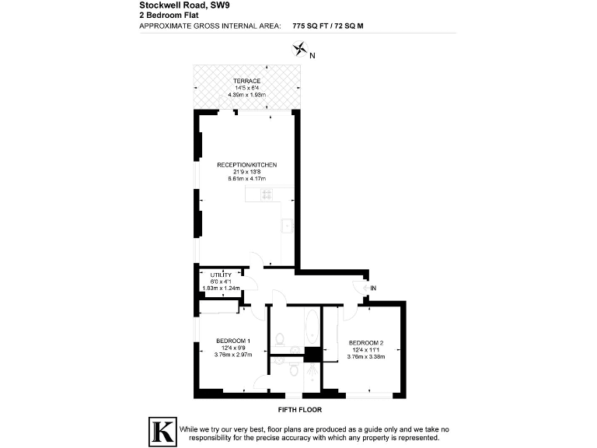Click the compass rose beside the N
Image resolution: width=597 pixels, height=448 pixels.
[x=298, y=51]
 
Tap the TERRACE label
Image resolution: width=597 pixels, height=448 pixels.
[x=246, y=81]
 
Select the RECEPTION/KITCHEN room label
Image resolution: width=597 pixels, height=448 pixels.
[x=247, y=165]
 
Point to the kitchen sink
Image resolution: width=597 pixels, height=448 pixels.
[x=287, y=226]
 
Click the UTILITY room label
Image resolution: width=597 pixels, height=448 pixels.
[x=221, y=275]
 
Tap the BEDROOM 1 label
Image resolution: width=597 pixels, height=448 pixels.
[x=233, y=341]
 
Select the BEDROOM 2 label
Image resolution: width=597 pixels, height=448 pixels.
[x=367, y=343]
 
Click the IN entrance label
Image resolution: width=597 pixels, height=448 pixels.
[x=373, y=289]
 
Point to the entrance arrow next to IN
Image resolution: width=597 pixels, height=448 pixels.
[x=364, y=289]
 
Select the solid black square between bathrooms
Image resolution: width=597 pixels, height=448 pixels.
[x=312, y=355]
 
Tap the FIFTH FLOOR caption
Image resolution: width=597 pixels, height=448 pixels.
[x=299, y=409]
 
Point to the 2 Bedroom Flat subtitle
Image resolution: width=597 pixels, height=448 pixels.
[x=163, y=15]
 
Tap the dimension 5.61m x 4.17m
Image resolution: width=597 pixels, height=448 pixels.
[x=247, y=178]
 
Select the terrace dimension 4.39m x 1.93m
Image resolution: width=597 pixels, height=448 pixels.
[x=246, y=94]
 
